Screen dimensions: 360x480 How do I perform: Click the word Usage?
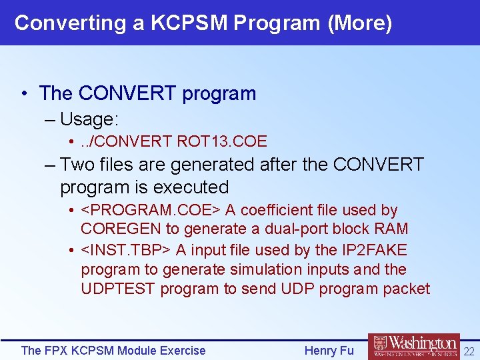point(89,120)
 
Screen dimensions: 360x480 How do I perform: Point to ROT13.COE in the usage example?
point(222,141)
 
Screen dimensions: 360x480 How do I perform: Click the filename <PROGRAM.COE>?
point(151,210)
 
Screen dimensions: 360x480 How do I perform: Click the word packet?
point(407,289)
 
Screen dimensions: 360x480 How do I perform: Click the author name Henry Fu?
point(329,350)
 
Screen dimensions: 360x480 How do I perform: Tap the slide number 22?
point(469,351)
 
